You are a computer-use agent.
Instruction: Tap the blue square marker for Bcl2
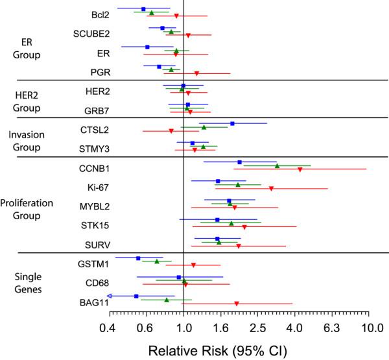click(x=143, y=9)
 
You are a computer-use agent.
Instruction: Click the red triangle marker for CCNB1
click(x=300, y=169)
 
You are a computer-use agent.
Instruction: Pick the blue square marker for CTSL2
click(x=232, y=123)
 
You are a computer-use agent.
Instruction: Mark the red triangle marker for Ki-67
click(x=271, y=188)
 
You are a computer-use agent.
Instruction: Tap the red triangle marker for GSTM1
click(x=193, y=265)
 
